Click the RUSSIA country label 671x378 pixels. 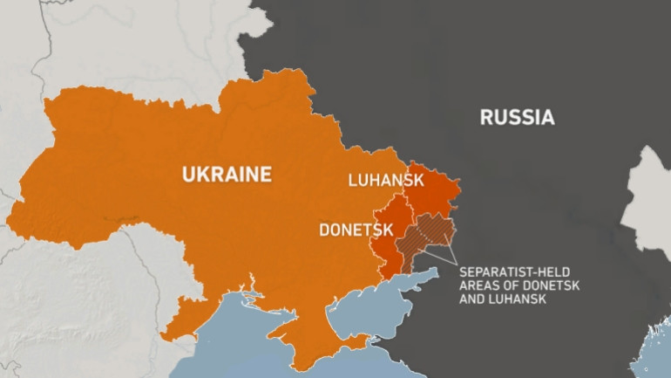[517, 118]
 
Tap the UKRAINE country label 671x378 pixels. [226, 175]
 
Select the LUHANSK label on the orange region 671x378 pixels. [385, 181]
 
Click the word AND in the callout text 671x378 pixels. [474, 299]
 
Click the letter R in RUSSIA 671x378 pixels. [486, 118]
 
